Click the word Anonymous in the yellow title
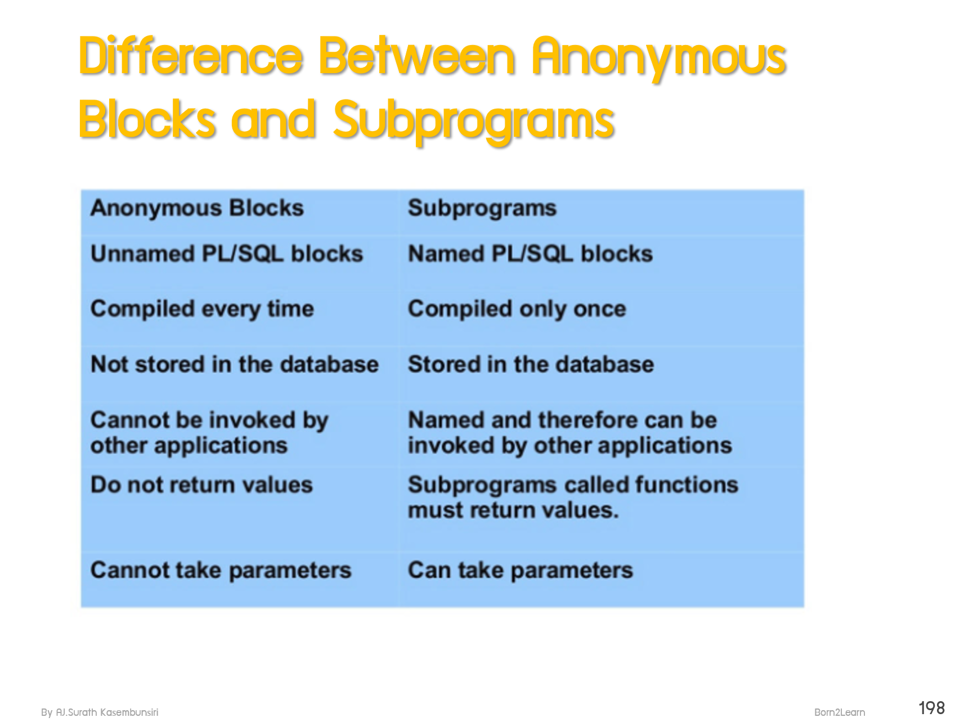pos(659,56)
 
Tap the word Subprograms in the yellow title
pos(473,120)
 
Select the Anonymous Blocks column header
pos(197,208)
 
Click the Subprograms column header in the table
pos(482,208)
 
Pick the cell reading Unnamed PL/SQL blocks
pos(227,254)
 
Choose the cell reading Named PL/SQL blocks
pos(530,254)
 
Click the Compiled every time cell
pos(202,309)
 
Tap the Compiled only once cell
pos(517,309)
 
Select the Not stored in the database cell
pos(235,365)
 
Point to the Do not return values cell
pos(201,485)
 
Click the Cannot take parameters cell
pos(221,571)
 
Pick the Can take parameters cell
pos(521,571)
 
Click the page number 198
pos(931,707)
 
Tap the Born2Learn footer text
pos(840,712)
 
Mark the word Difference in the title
pos(190,56)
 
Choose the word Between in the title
pos(417,56)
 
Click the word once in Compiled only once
pos(600,309)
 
